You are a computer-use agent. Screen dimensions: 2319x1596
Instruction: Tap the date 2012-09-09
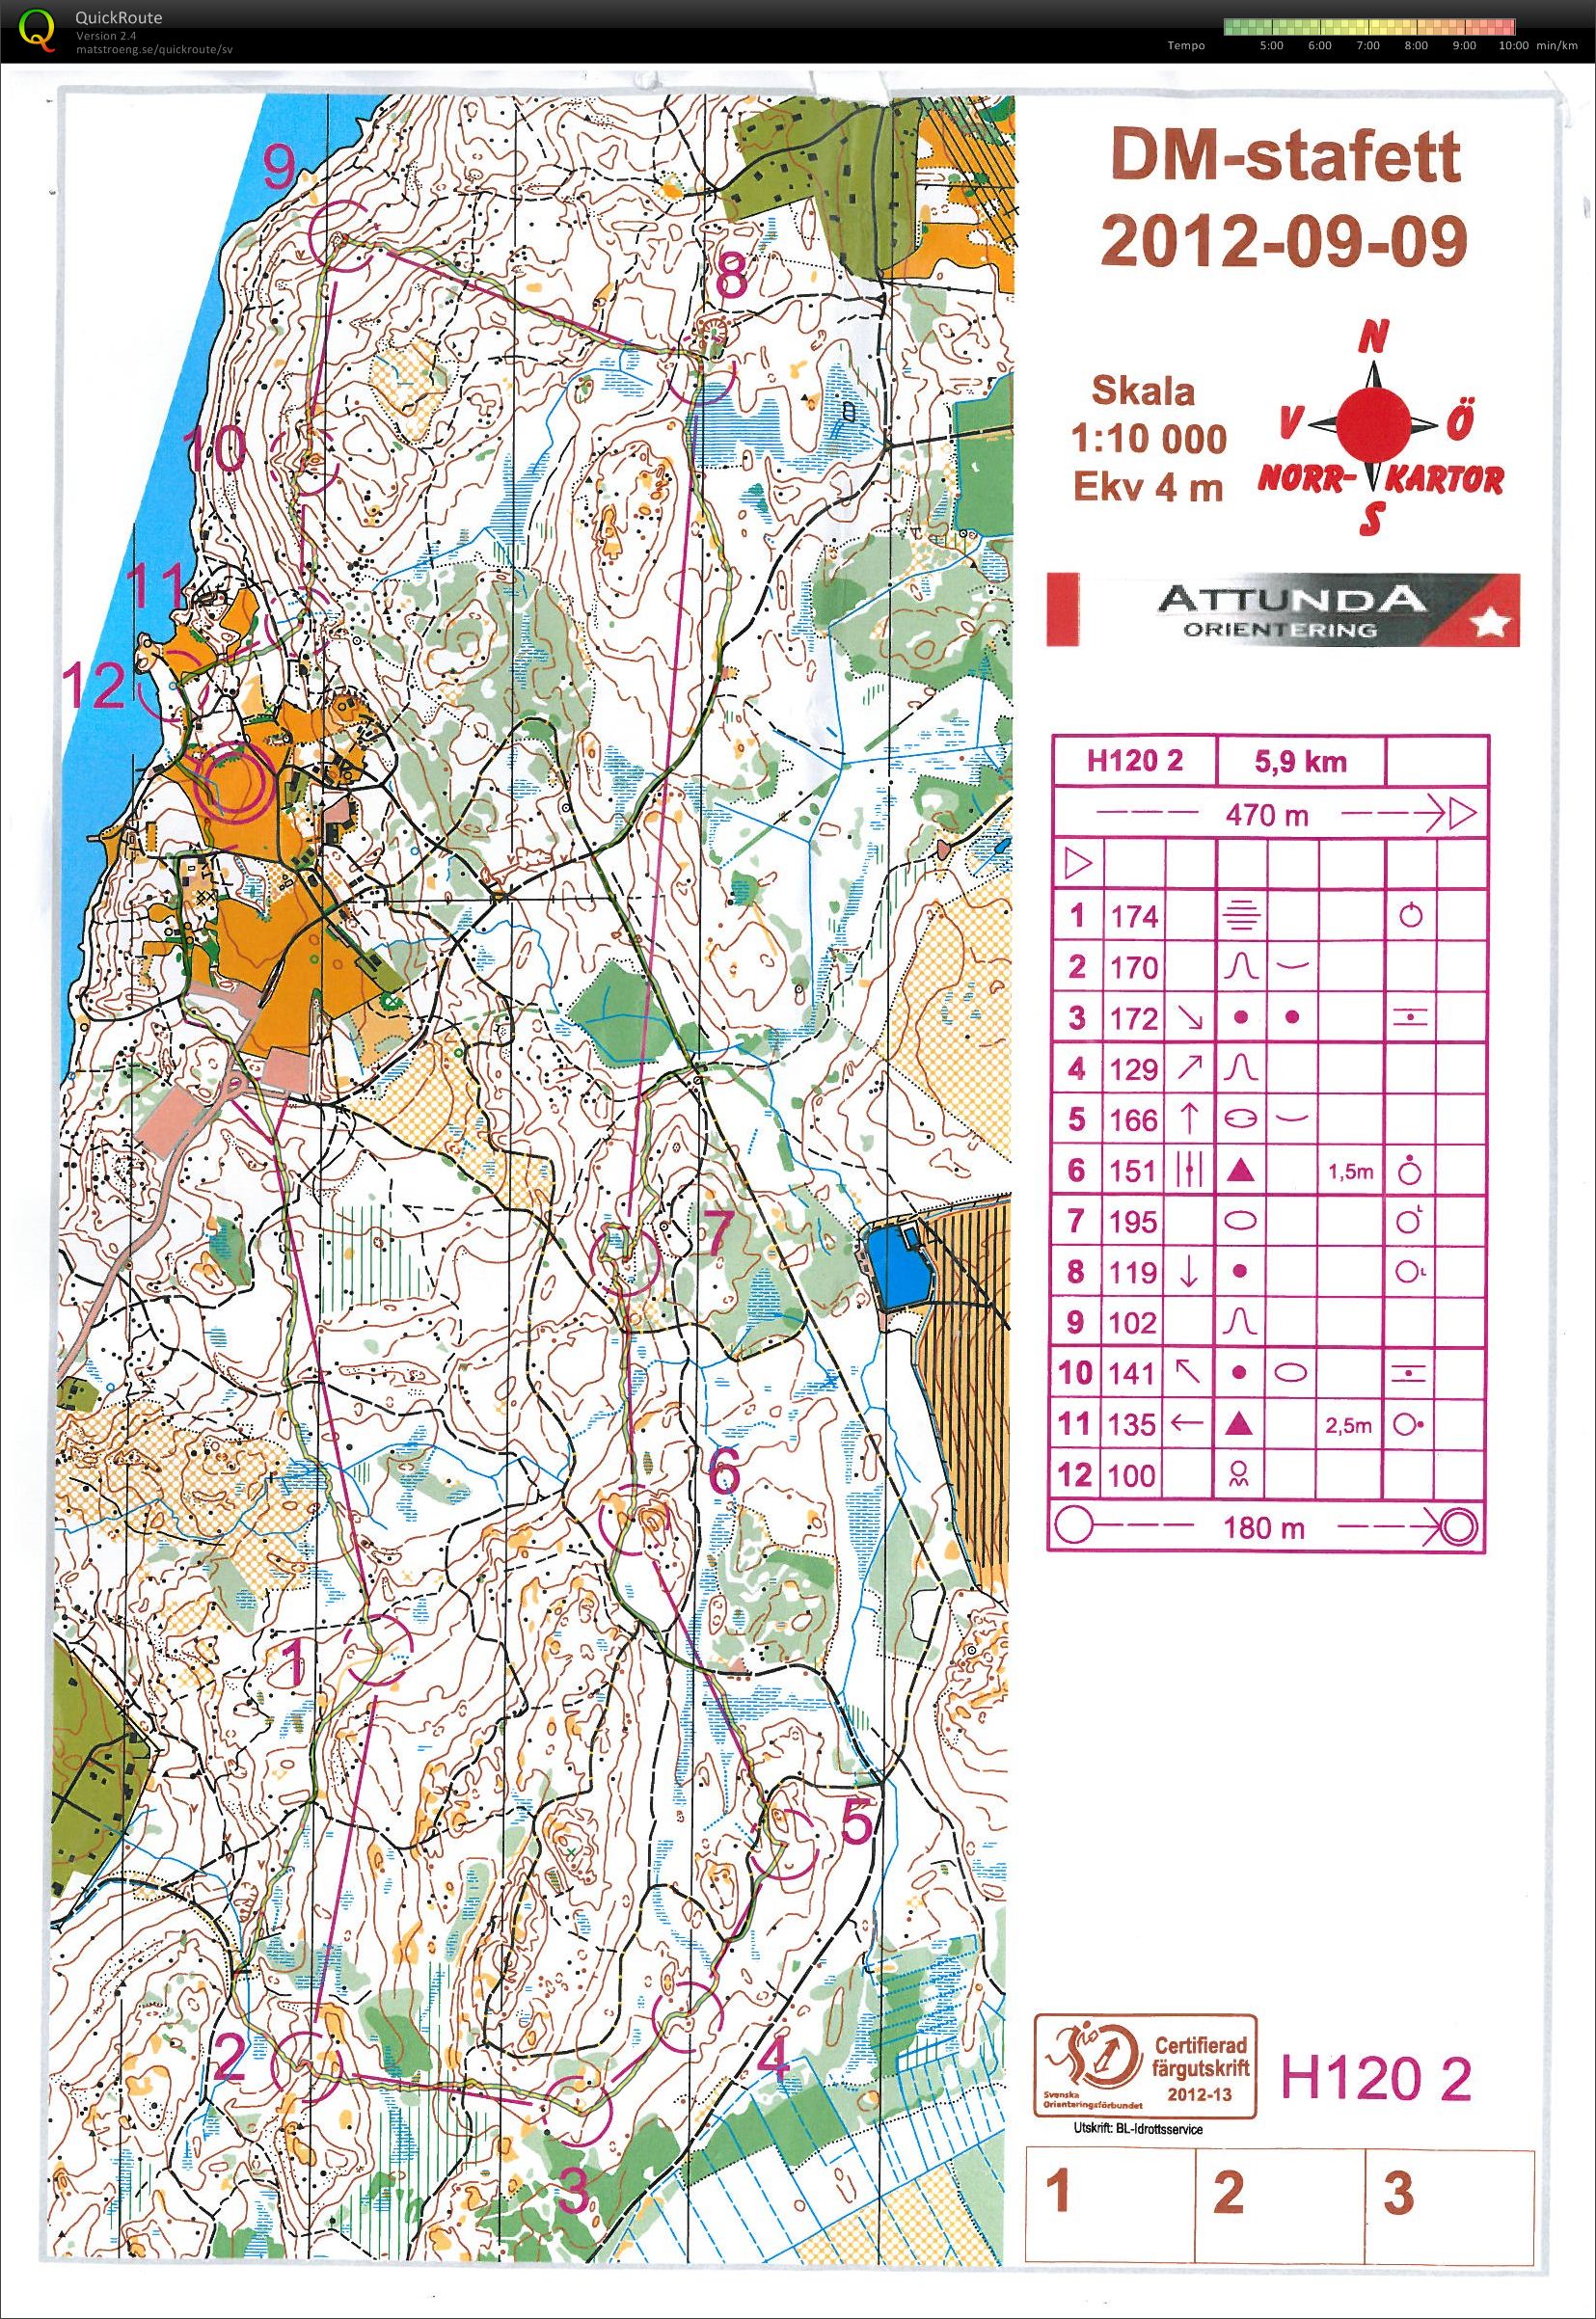coord(1284,240)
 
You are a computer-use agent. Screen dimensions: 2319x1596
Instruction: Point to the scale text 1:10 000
coord(1148,438)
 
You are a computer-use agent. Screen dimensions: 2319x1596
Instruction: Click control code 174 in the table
coord(1133,916)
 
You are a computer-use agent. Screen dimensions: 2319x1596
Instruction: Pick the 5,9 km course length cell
coord(1299,762)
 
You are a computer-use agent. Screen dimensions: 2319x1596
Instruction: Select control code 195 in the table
coord(1133,1222)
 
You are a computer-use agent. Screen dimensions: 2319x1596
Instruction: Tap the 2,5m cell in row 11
coord(1350,1425)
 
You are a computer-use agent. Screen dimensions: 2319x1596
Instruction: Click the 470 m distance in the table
coord(1267,815)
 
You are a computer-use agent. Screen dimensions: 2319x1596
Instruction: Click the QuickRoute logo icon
coord(37,27)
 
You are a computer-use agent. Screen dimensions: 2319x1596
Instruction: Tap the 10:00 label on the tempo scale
coord(1512,46)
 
